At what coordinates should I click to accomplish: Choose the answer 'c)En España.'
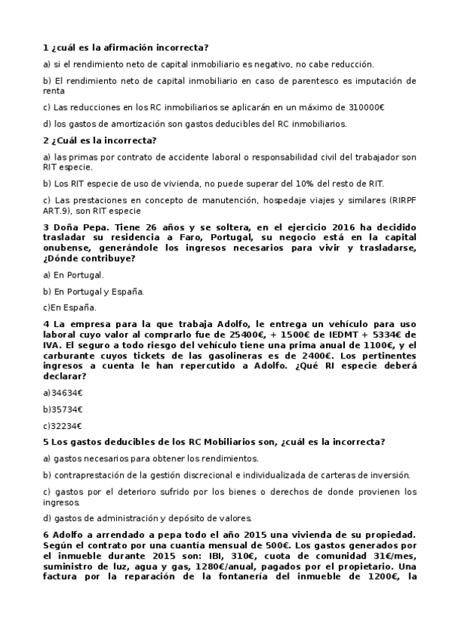tap(70, 306)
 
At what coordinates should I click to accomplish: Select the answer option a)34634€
tap(63, 393)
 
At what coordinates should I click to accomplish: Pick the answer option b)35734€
tap(63, 409)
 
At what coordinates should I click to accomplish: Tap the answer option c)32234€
tap(63, 425)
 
